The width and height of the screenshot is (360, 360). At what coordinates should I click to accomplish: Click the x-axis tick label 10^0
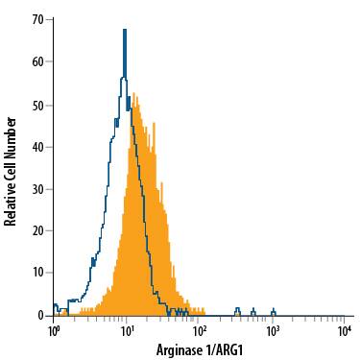coord(55,330)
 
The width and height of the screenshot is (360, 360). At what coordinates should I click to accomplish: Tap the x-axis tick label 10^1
coord(127,330)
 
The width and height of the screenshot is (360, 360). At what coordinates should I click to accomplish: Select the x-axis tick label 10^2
coord(200,330)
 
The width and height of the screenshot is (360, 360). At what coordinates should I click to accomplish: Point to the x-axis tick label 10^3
coord(273,330)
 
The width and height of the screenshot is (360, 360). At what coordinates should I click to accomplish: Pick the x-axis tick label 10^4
coord(345,330)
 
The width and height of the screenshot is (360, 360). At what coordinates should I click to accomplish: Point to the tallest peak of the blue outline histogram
coord(125,31)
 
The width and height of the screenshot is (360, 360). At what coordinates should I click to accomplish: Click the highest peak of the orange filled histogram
coord(136,94)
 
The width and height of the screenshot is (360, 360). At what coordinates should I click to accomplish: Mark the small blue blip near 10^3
coord(273,310)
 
